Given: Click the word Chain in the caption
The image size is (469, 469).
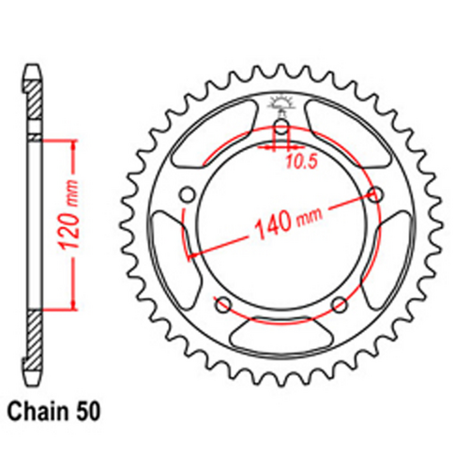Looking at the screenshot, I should (x=35, y=411).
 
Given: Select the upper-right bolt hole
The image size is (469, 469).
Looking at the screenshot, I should (x=376, y=194).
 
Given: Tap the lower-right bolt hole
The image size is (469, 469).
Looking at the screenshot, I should (x=340, y=304).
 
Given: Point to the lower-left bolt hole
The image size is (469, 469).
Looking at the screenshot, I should (x=223, y=304).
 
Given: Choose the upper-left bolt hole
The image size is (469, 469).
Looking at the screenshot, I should (x=187, y=194).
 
